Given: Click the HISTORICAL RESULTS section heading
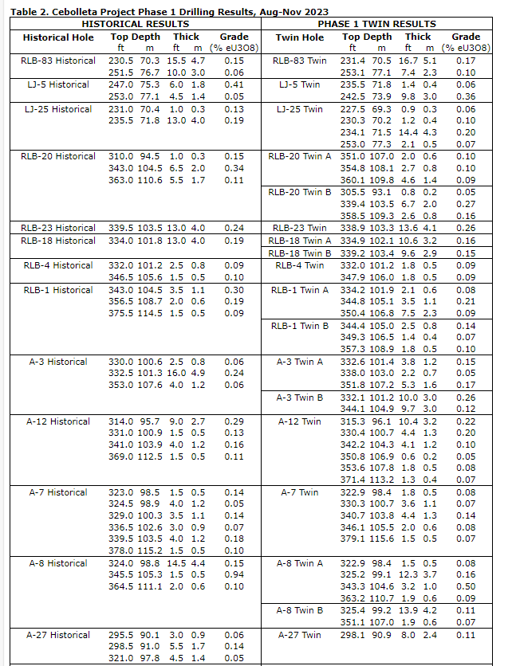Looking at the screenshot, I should pyautogui.click(x=135, y=25).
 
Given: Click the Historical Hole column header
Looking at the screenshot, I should pyautogui.click(x=58, y=37).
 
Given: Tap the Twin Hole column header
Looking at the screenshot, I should pyautogui.click(x=300, y=37).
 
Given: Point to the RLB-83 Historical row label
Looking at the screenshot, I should pyautogui.click(x=58, y=61).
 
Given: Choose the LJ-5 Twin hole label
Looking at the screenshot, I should pyautogui.click(x=300, y=84).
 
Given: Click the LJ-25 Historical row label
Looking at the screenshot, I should pyautogui.click(x=58, y=109).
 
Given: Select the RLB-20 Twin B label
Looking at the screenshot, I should pyautogui.click(x=300, y=192).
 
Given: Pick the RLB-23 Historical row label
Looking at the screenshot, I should pyautogui.click(x=58, y=229).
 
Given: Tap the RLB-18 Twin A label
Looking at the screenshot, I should pyautogui.click(x=300, y=241).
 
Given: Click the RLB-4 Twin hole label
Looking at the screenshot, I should pyautogui.click(x=300, y=265).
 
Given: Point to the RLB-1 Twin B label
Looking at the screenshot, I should pyautogui.click(x=300, y=325).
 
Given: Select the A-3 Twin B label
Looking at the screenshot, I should pyautogui.click(x=300, y=398).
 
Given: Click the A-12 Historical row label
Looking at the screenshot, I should pyautogui.click(x=58, y=421).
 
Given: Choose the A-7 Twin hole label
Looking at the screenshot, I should pyautogui.click(x=300, y=492).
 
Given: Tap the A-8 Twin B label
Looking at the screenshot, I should pyautogui.click(x=300, y=610).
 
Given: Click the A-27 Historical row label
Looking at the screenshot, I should pyautogui.click(x=58, y=635).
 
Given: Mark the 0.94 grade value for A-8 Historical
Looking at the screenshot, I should pyautogui.click(x=234, y=575).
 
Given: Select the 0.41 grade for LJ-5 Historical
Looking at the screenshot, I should pyautogui.click(x=234, y=84).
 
